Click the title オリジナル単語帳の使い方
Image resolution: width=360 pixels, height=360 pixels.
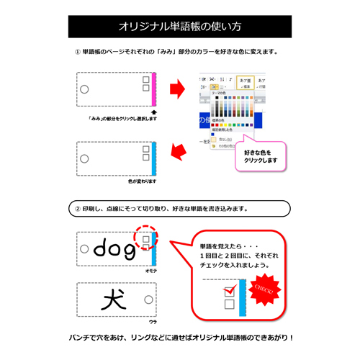(x=180, y=27)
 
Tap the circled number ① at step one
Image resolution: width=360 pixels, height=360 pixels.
(x=78, y=52)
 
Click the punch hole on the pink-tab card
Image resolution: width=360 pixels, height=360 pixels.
(x=84, y=89)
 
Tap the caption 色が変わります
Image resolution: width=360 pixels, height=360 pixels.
(x=142, y=181)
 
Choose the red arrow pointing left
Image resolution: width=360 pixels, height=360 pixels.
(x=176, y=152)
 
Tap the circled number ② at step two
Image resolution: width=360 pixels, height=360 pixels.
(x=78, y=208)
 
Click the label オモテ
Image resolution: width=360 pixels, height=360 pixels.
(x=151, y=271)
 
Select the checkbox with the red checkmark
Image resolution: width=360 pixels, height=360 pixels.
(x=230, y=291)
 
